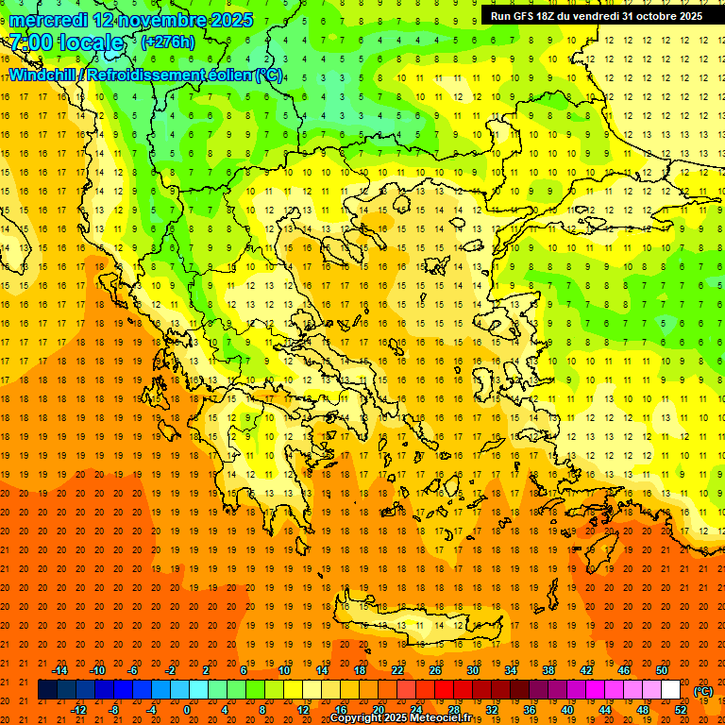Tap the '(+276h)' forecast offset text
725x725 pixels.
tap(167, 42)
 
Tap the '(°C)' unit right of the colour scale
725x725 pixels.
tap(703, 691)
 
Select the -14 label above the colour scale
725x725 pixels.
tap(59, 670)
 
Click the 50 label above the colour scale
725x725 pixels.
tap(662, 670)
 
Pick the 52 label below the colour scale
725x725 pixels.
tap(681, 710)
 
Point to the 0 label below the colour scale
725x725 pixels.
tap(186, 710)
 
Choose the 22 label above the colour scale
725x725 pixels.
tap(397, 670)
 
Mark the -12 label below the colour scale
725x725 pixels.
tap(78, 710)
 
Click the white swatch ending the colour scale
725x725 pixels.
tap(670, 690)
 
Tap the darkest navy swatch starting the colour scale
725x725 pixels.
tap(47, 690)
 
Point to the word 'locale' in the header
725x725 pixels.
tap(91, 42)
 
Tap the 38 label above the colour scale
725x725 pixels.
tap(548, 670)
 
